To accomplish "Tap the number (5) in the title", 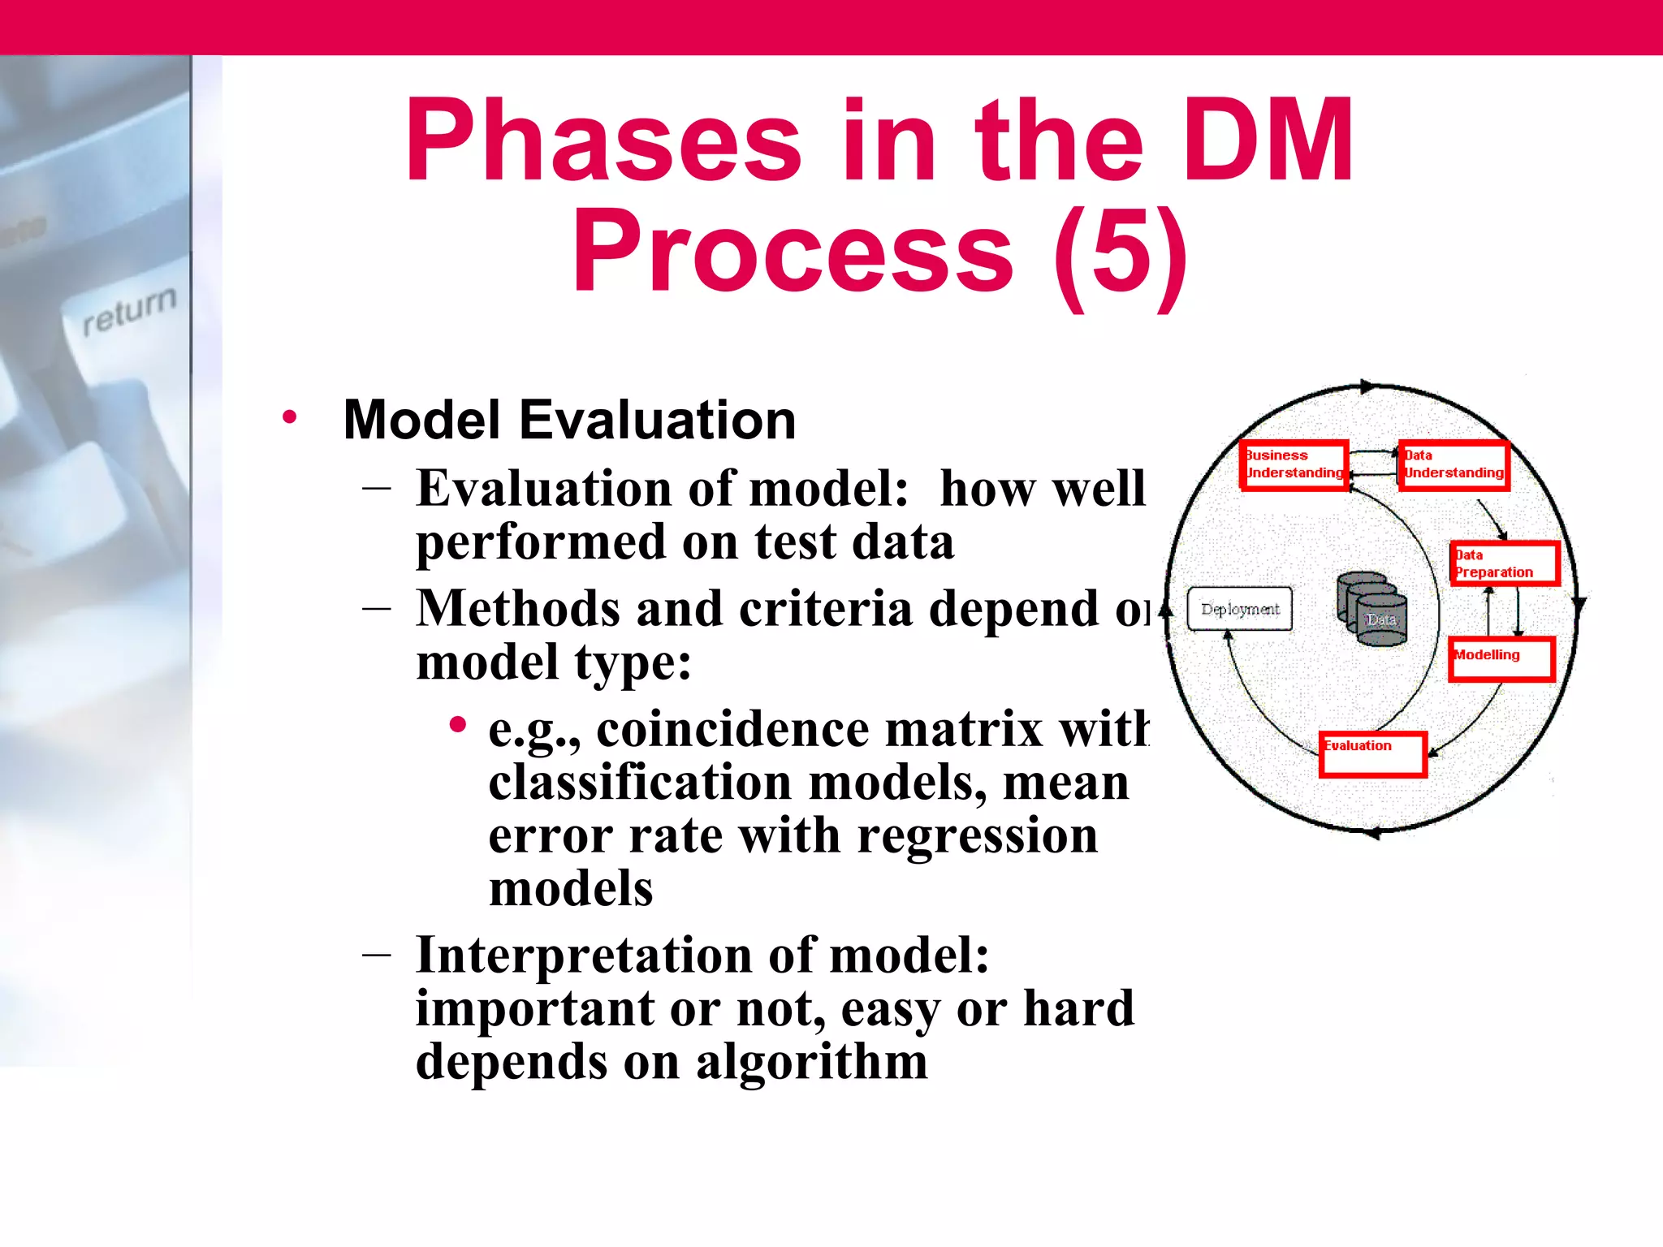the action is [x=1121, y=252].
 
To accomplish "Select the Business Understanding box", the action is [x=1294, y=465].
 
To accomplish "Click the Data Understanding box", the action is [x=1454, y=465].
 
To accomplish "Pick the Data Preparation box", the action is [x=1505, y=563].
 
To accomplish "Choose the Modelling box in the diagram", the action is [x=1501, y=658].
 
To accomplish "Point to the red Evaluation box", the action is [x=1372, y=754].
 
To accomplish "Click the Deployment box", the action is [x=1239, y=609].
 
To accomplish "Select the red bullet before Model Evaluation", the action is [x=290, y=419].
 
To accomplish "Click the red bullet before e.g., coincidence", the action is [x=458, y=724].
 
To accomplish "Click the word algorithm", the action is [x=812, y=1062].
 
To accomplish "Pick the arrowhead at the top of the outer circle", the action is [x=1368, y=386].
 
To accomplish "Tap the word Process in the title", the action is [x=793, y=252].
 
